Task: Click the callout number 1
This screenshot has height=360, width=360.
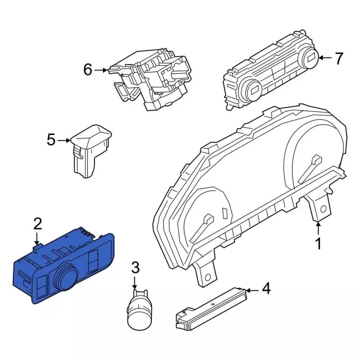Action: [x=318, y=244]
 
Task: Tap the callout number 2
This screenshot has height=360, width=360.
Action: [x=38, y=224]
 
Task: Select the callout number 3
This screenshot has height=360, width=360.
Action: [x=135, y=268]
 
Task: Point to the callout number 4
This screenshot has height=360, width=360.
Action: [x=266, y=289]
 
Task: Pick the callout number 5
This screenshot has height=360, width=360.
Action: [x=51, y=140]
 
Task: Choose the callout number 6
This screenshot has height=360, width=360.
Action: [x=88, y=70]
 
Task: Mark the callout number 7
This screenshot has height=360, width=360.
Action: [x=339, y=58]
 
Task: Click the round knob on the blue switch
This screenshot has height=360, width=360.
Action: [x=65, y=277]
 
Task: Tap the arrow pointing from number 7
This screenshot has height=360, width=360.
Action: [x=325, y=58]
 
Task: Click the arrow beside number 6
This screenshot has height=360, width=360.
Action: [x=101, y=70]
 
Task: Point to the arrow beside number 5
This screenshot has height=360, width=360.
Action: [x=64, y=140]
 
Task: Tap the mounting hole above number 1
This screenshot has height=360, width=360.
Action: [x=323, y=209]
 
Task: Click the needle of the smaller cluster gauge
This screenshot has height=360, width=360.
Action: [x=202, y=229]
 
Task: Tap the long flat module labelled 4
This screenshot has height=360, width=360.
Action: [x=211, y=308]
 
